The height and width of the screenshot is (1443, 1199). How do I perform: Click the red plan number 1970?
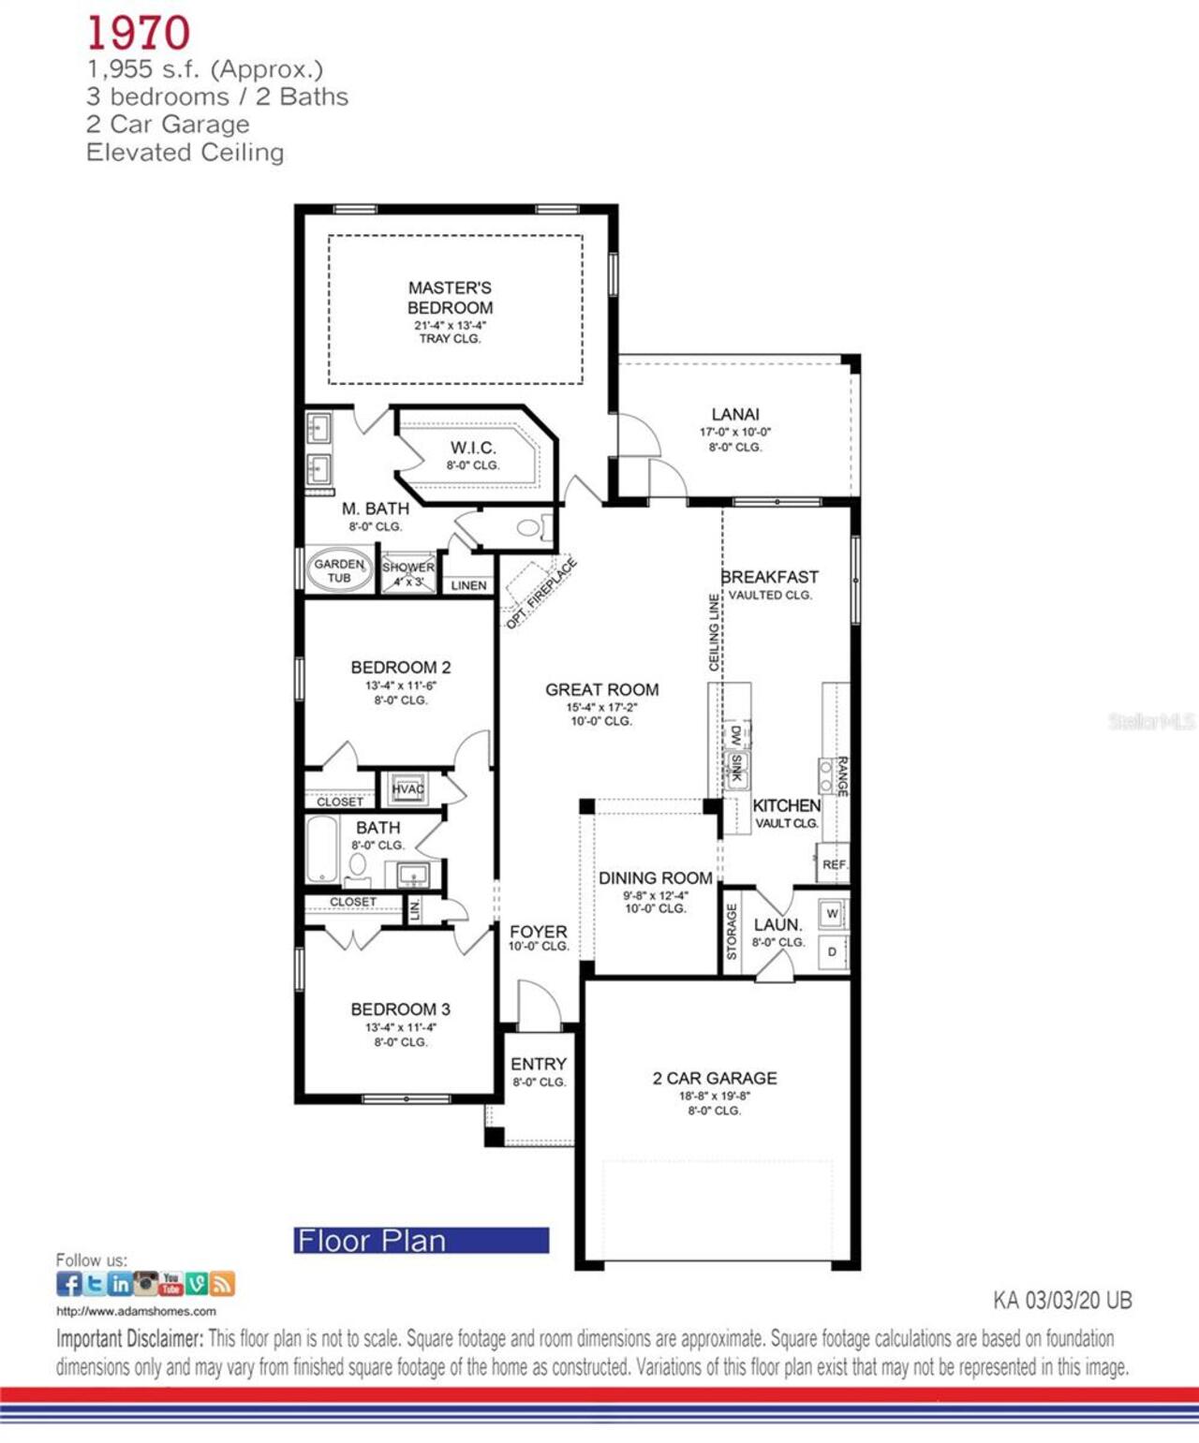click(x=139, y=34)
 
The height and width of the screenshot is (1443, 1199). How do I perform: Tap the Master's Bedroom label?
click(x=450, y=298)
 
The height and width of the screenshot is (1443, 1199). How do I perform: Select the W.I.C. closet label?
click(x=473, y=448)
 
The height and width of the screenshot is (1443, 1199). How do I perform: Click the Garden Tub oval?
click(x=338, y=570)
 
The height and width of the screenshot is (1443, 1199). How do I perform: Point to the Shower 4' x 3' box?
click(x=408, y=573)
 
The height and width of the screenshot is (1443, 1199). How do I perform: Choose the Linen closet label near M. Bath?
click(x=468, y=585)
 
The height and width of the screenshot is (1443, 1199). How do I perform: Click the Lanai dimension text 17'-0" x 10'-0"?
click(x=734, y=433)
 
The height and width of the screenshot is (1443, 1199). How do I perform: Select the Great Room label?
click(x=601, y=689)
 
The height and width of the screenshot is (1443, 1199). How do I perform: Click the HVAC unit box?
click(x=407, y=788)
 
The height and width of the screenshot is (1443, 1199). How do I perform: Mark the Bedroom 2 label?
click(x=400, y=668)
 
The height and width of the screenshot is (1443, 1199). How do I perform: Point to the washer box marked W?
click(x=832, y=913)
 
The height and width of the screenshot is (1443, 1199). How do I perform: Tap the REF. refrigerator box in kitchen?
click(x=834, y=864)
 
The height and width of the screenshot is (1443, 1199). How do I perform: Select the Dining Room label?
click(x=656, y=878)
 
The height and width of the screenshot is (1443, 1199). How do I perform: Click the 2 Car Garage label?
click(x=715, y=1078)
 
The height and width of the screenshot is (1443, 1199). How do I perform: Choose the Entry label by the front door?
click(x=539, y=1064)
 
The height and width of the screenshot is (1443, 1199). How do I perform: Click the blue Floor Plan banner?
click(x=422, y=1240)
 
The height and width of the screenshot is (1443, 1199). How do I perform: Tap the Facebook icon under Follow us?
click(x=68, y=1283)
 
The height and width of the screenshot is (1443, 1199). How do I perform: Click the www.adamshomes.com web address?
click(x=136, y=1311)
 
